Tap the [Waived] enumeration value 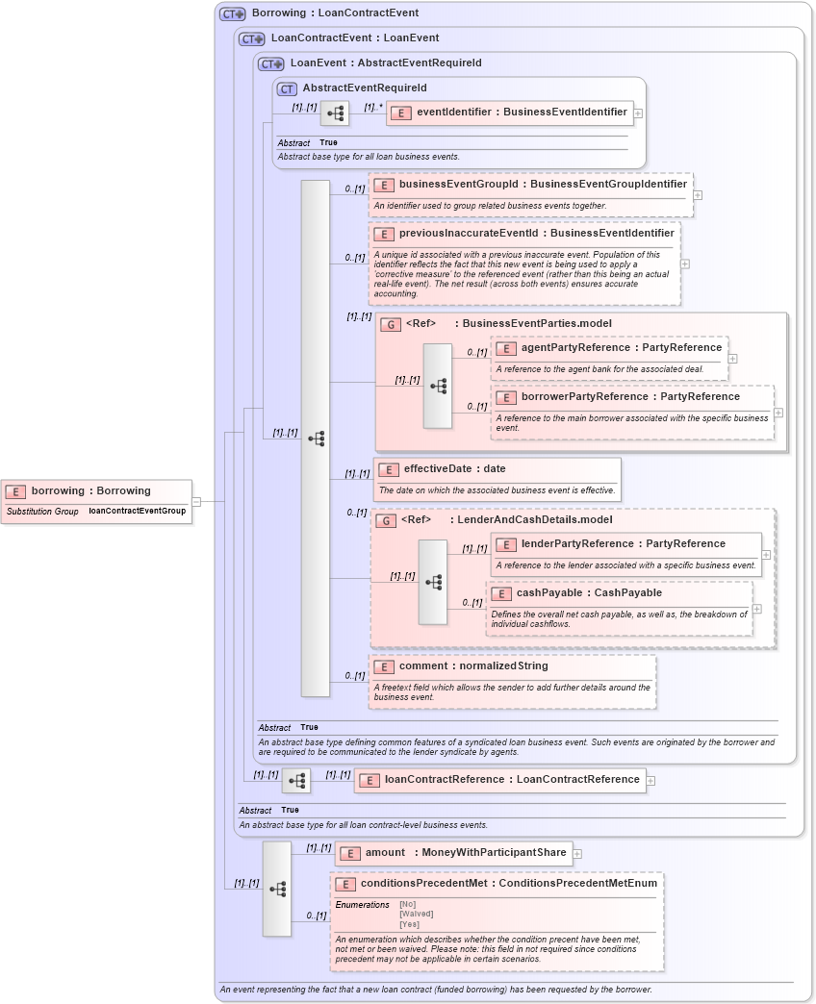(417, 915)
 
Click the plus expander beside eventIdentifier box (638, 113)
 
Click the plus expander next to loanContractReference (651, 781)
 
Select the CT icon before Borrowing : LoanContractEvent (233, 14)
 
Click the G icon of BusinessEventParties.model (390, 325)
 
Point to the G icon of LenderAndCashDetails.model (385, 521)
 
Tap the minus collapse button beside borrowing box (196, 501)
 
